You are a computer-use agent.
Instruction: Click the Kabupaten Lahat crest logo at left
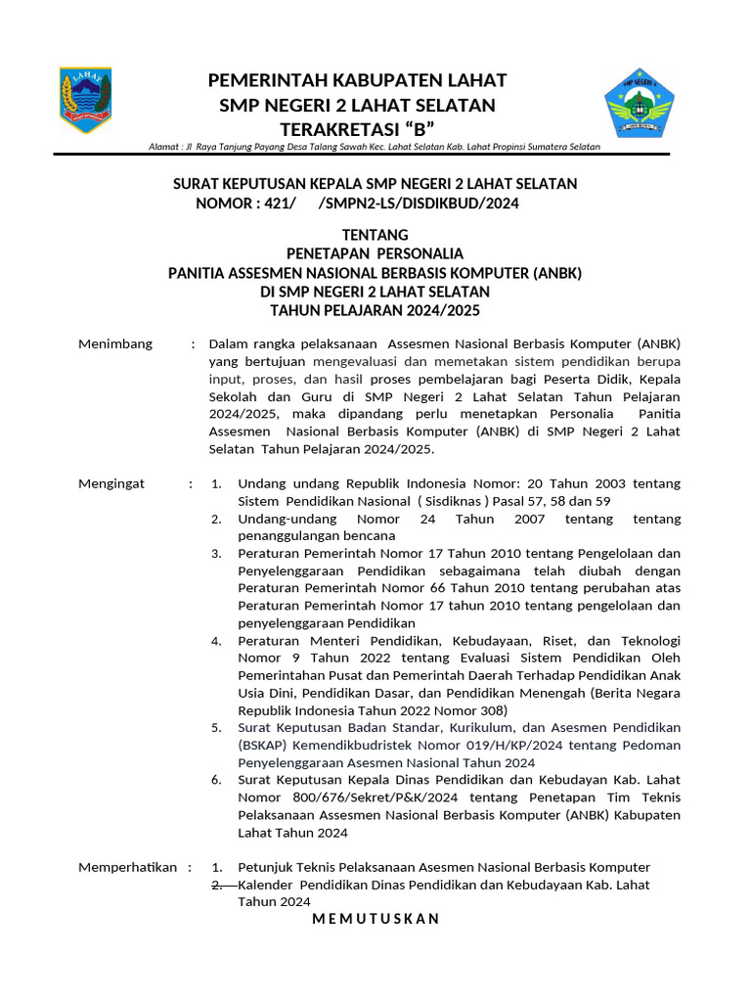click(85, 101)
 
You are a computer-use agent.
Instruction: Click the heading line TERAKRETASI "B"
click(357, 130)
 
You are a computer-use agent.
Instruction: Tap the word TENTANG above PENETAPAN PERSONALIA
click(375, 236)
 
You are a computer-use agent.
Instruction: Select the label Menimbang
click(115, 344)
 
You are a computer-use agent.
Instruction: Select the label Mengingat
click(111, 483)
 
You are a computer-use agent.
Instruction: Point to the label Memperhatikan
click(127, 867)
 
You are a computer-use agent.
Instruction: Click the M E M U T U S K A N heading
click(375, 919)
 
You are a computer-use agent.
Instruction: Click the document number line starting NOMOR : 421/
click(357, 205)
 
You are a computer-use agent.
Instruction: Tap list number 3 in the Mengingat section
click(217, 554)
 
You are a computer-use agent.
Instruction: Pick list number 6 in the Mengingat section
click(217, 780)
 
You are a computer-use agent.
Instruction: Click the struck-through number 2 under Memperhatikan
click(217, 885)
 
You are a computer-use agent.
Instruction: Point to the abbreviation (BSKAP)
click(265, 746)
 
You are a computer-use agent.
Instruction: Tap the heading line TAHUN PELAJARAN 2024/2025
click(375, 310)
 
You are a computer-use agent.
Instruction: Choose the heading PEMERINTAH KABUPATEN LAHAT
click(357, 79)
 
